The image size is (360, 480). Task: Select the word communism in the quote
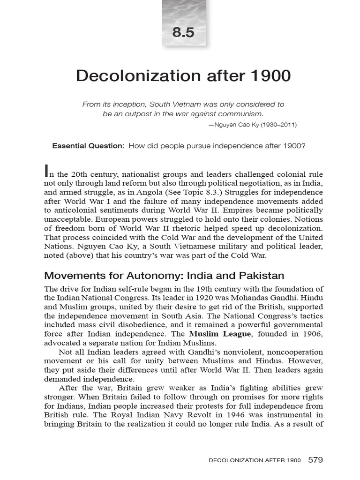(241, 114)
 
